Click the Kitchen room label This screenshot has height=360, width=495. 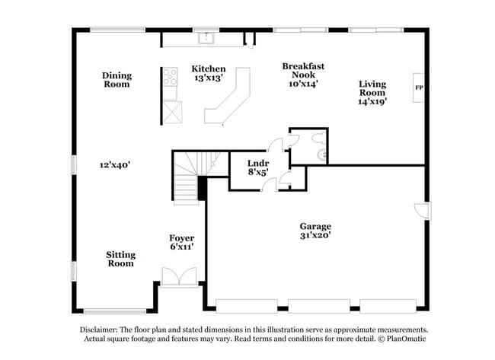208,68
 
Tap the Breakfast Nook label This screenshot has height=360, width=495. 299,66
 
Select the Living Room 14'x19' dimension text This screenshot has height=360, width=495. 373,101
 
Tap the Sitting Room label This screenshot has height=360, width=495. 120,259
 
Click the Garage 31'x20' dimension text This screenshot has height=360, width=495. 315,235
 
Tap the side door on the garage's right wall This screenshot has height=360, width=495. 422,210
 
